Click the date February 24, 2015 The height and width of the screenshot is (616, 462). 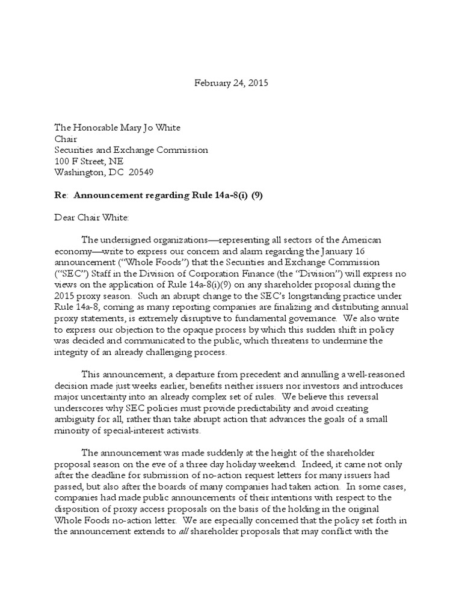click(x=231, y=83)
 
